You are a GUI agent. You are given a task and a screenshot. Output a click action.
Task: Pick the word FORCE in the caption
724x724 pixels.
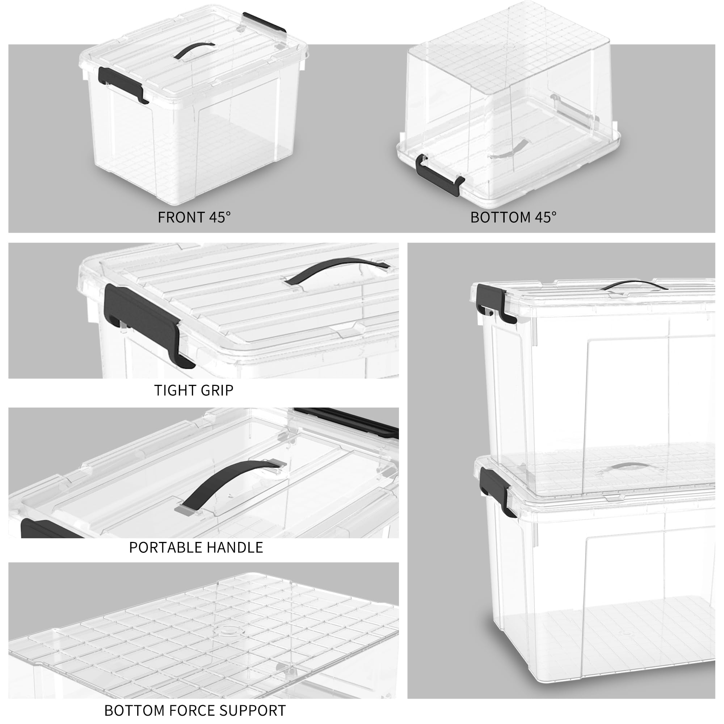[x=193, y=711]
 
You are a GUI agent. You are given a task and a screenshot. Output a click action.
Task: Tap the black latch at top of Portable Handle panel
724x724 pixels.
[x=349, y=420]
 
